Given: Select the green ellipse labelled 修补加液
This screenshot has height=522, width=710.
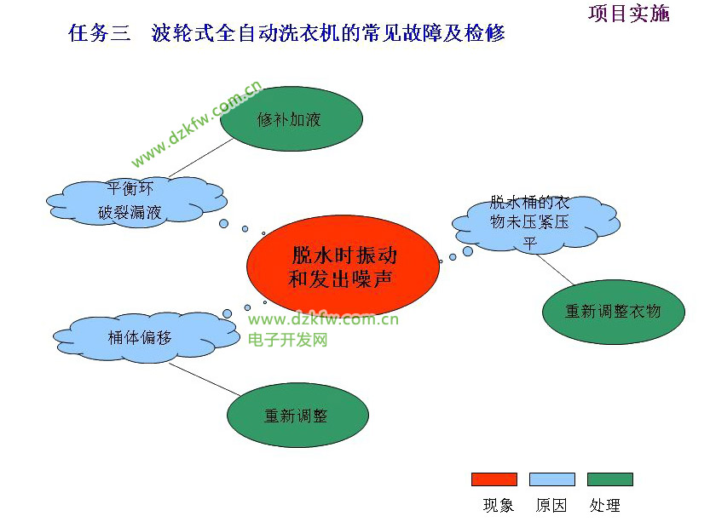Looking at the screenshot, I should click(x=291, y=119).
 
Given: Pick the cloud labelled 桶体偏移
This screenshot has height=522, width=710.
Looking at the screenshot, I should click(x=141, y=336).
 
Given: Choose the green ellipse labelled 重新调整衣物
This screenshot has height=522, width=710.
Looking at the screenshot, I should click(x=613, y=312).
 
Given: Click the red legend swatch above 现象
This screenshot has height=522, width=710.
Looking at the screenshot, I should click(x=494, y=479).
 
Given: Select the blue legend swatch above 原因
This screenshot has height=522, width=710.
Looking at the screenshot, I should click(x=551, y=479).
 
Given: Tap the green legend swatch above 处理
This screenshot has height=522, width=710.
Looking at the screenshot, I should click(x=609, y=479).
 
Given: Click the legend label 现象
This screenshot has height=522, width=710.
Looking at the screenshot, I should click(x=499, y=506).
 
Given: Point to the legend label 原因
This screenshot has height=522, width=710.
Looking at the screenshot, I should click(x=551, y=506).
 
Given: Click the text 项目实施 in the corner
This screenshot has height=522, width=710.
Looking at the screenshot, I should click(x=629, y=14).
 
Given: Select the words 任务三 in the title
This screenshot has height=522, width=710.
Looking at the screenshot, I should click(x=100, y=33).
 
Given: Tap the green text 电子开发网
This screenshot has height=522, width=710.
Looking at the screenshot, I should click(x=288, y=340).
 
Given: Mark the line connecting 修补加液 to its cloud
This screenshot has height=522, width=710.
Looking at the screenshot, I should click(x=201, y=159).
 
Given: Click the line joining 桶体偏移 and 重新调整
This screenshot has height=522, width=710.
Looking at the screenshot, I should click(x=205, y=380).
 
